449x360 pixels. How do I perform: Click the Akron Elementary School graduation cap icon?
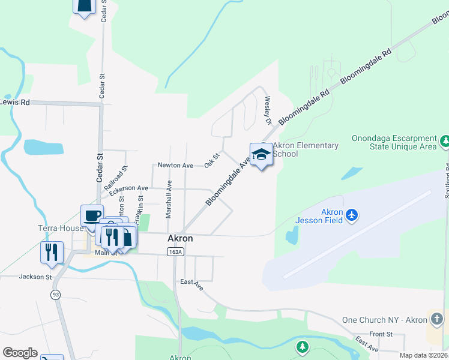pos(261,155)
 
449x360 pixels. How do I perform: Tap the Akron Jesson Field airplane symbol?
pos(352,214)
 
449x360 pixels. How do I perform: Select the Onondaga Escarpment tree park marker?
pos(445,142)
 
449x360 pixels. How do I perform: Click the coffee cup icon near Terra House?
pos(92,215)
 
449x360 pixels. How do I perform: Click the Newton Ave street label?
pos(175,165)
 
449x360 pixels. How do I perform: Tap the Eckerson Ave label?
pos(128,188)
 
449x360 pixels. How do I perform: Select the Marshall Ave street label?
pos(169,199)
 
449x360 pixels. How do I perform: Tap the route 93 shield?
pos(55,294)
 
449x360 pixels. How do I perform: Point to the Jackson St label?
pos(35,277)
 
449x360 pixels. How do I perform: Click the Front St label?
pos(381,334)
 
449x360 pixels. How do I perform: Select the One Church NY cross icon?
pos(437,319)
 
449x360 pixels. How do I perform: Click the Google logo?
pos(20,353)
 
